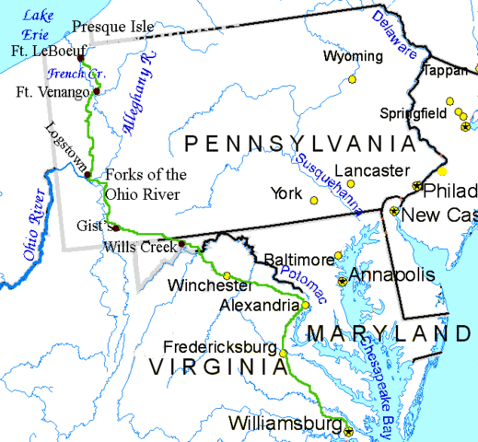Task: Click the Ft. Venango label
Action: click(x=52, y=92)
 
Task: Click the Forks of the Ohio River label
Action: click(x=146, y=183)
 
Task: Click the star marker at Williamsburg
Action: click(x=349, y=429)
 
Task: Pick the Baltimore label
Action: click(x=298, y=260)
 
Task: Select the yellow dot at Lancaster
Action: click(x=350, y=185)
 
